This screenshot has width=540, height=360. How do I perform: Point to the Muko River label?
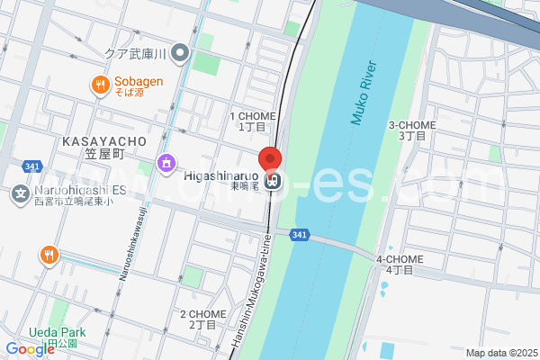click(x=362, y=93)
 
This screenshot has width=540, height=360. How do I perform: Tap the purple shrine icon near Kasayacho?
click(x=166, y=163)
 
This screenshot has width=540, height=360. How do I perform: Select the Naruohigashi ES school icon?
click(x=20, y=193)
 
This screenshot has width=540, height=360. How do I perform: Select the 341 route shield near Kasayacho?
click(x=32, y=166)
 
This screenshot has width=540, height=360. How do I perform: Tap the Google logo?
click(x=30, y=349)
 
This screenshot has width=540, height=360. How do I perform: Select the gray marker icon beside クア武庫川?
click(x=181, y=53)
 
